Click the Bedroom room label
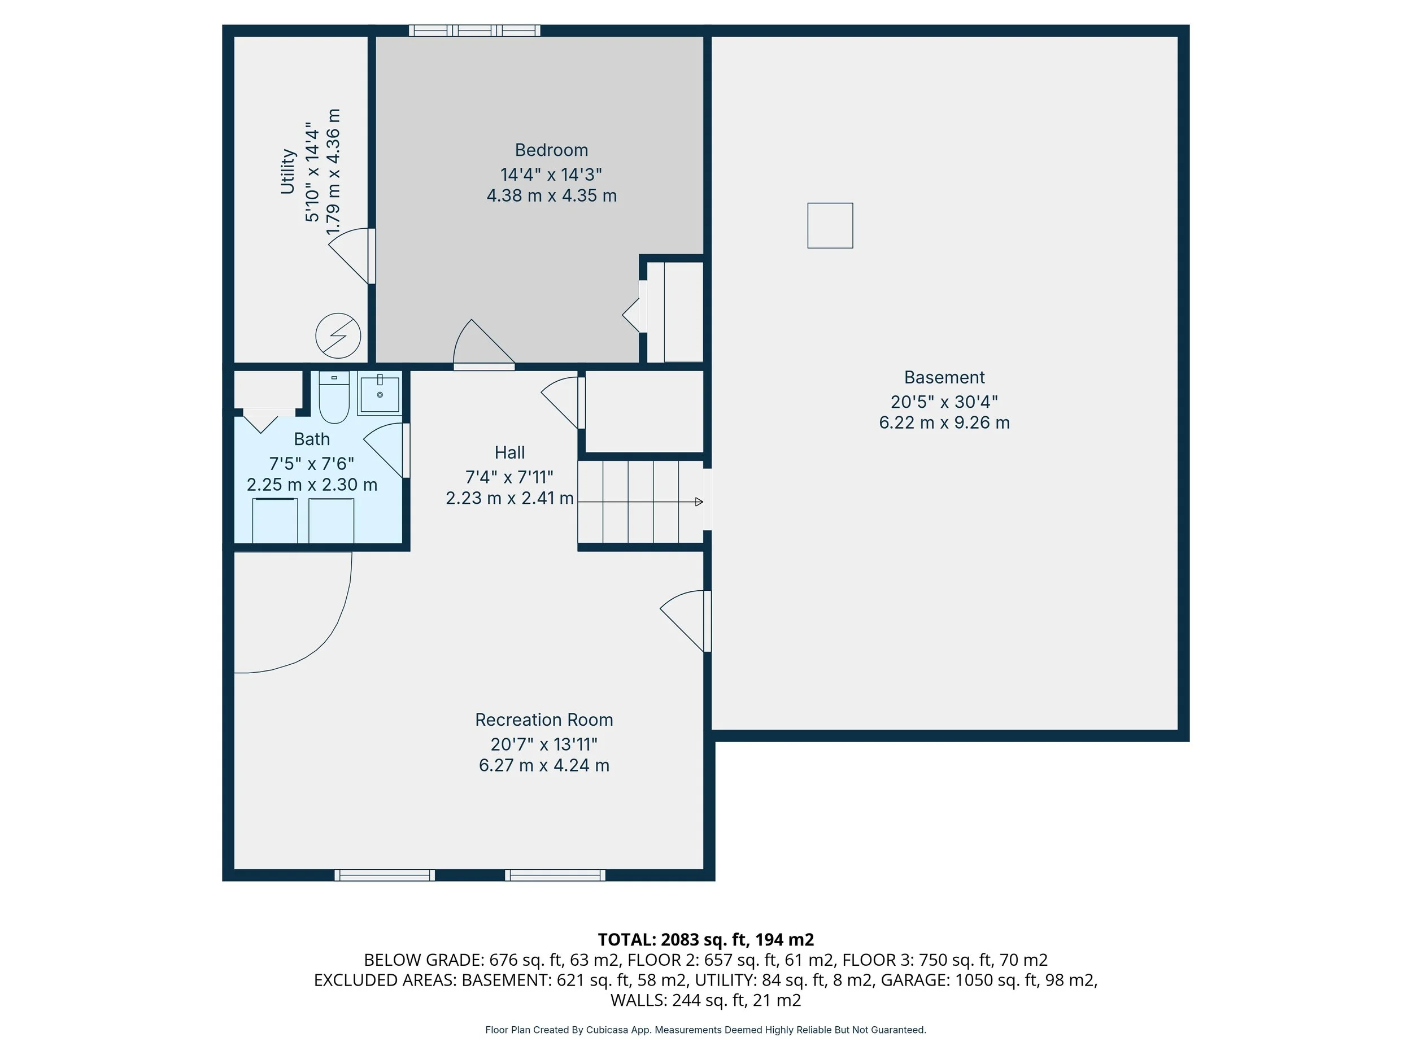coord(551,151)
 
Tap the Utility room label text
coord(288,172)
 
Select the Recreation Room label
coord(544,720)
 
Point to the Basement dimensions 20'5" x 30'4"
coord(944,402)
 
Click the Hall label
coord(509,452)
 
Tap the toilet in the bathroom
coord(334,396)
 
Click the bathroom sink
coord(379,394)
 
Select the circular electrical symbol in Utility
coord(338,335)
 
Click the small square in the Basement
coord(830,225)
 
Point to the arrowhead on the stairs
coord(699,502)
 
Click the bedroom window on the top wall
coord(474,30)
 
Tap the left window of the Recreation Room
coord(385,875)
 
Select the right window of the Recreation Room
coord(555,875)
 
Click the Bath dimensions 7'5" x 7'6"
coord(312,464)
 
